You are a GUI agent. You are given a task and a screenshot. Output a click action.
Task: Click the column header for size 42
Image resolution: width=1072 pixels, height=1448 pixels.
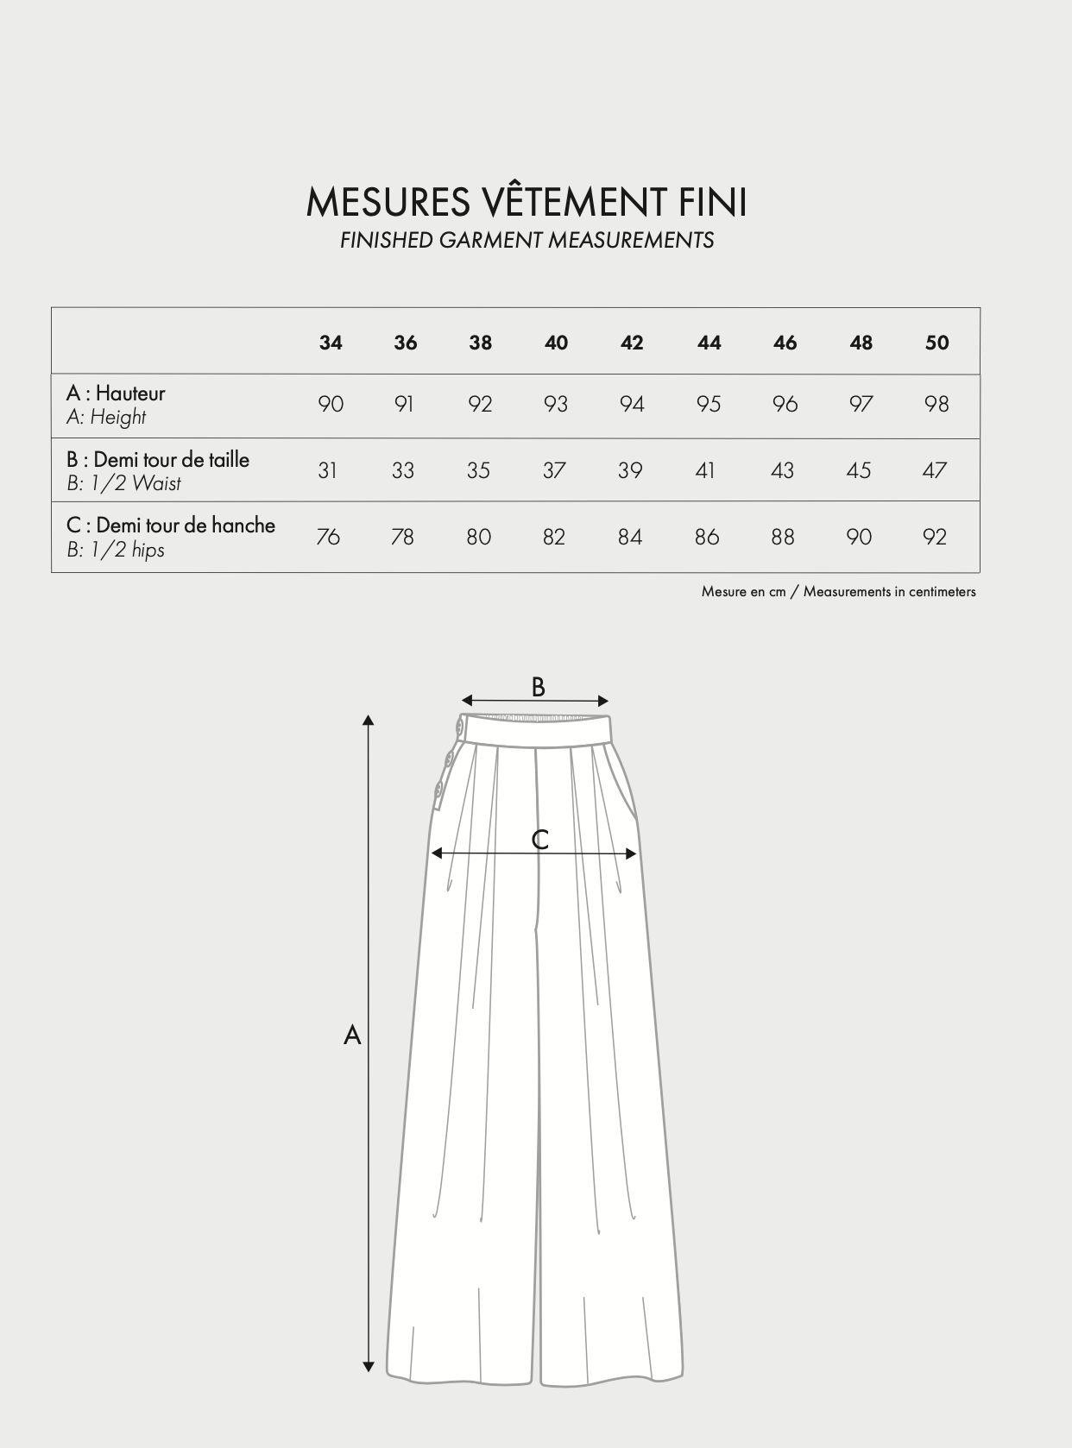tap(632, 343)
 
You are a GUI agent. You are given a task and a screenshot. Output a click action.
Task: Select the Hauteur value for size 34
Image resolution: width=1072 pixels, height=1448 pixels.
tap(331, 404)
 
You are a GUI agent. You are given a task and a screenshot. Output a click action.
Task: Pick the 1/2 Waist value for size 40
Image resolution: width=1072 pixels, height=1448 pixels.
tap(555, 470)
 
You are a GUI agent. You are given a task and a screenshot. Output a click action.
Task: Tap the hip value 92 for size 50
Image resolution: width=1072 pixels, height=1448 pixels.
tap(935, 537)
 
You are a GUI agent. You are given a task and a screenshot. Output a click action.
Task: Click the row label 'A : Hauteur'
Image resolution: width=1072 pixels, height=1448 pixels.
tap(116, 393)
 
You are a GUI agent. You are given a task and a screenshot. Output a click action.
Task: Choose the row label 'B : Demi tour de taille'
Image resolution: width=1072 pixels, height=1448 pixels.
tap(158, 459)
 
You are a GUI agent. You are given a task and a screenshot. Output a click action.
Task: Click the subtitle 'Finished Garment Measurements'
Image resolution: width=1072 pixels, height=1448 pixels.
tap(527, 240)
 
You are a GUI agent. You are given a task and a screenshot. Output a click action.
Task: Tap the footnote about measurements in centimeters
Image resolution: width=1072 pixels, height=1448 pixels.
tap(838, 592)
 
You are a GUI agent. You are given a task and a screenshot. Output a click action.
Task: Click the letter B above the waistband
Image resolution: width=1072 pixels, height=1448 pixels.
tap(538, 687)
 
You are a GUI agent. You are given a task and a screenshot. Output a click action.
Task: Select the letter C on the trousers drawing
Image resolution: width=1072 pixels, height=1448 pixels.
tap(540, 840)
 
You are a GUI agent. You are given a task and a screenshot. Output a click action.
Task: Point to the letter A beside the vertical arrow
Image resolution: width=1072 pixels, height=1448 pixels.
tap(352, 1035)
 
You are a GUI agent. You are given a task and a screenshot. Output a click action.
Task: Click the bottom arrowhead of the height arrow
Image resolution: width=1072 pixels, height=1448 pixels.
tap(369, 1366)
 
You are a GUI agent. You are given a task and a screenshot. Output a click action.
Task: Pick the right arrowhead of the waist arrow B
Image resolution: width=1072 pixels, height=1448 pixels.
tap(603, 701)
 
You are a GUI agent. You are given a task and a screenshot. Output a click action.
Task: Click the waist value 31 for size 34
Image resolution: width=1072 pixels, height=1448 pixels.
tap(327, 470)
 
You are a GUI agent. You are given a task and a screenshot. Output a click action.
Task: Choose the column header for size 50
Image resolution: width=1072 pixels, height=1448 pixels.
tap(936, 343)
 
